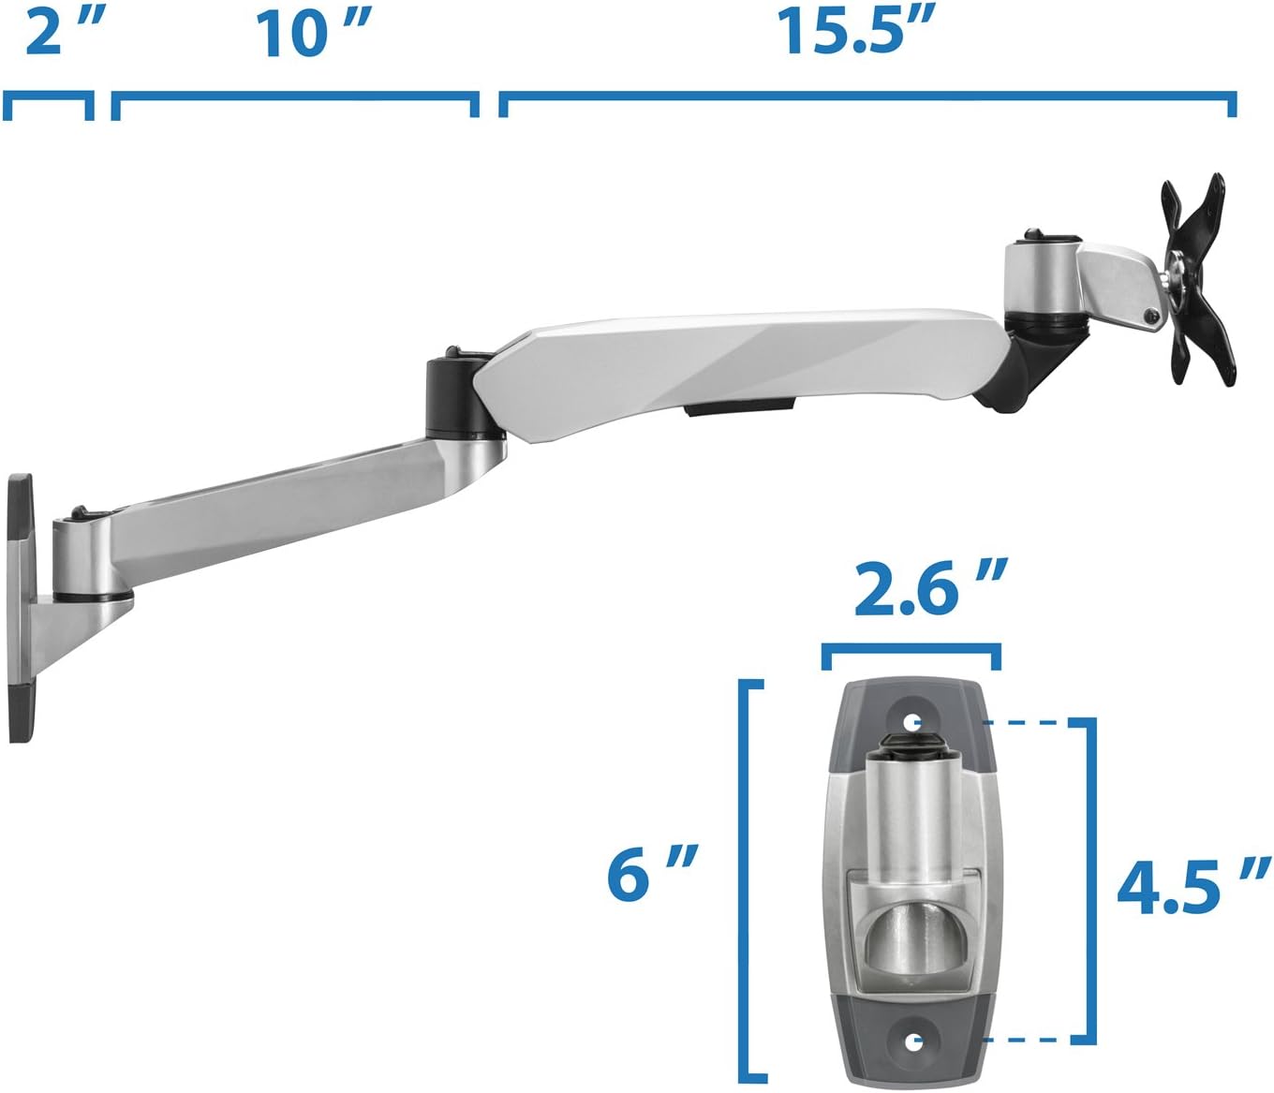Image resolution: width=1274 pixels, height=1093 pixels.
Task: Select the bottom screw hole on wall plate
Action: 913,1041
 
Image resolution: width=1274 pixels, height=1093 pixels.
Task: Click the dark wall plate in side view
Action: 19,609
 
